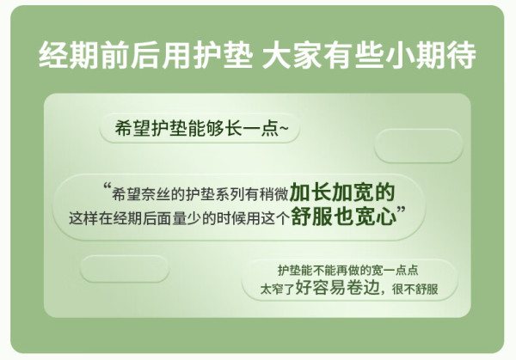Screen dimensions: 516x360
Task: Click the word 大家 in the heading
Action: [292, 55]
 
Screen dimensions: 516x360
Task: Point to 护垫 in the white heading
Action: [223, 55]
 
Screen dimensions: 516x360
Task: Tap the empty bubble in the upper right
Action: [419, 146]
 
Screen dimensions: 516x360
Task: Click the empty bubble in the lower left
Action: [125, 269]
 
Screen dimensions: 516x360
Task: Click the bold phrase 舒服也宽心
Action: [344, 217]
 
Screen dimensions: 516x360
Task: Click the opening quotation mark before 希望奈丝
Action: [107, 187]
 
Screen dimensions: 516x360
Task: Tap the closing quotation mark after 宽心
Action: [402, 211]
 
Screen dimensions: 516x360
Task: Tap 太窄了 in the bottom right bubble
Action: [277, 290]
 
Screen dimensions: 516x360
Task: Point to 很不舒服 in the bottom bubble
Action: [415, 290]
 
